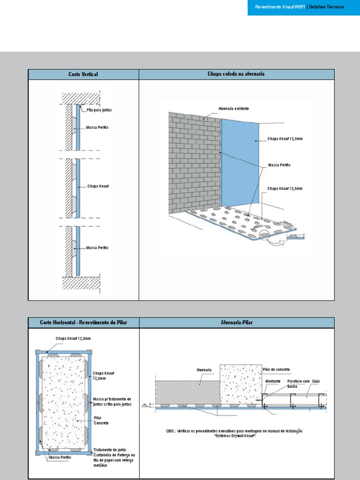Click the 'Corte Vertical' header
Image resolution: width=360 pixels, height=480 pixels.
pos(83,75)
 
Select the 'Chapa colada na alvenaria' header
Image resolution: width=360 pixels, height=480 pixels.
pos(237,75)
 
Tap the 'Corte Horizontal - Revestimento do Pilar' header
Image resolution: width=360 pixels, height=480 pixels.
pos(83,323)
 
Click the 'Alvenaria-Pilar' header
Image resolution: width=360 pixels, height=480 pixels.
pos(237,323)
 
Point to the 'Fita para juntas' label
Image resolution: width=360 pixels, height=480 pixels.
pos(99,110)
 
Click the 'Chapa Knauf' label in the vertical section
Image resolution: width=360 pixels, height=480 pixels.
pos(97,186)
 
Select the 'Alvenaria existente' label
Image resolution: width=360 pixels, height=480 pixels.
pos(233,109)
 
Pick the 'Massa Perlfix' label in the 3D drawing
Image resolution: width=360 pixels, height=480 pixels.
pos(279,165)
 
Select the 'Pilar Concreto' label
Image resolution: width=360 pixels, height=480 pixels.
pos(101,420)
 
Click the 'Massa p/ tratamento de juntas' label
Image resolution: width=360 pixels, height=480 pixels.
pos(112,401)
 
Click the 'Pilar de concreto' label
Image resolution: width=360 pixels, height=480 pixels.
pos(277,370)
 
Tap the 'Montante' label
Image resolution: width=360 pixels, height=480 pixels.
pos(273,381)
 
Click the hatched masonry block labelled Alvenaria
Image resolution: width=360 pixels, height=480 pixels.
pos(187,391)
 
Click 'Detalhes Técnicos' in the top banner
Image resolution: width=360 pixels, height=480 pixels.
pos(326,7)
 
